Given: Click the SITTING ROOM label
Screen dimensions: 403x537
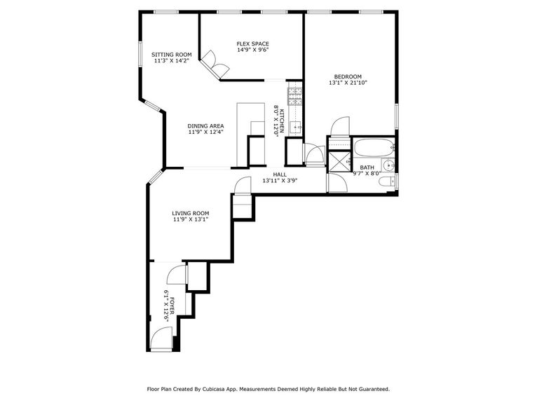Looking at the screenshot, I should coord(172,55).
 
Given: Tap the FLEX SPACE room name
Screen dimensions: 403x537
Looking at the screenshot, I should coord(252,43).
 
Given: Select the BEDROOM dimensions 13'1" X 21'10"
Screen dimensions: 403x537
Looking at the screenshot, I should coord(348,83).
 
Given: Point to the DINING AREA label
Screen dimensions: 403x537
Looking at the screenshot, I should coord(205,125).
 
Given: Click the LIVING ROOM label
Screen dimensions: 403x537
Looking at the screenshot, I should coord(191,213).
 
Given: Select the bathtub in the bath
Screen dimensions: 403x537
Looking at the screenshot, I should coord(374,148).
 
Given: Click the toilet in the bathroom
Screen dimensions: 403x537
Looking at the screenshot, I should coord(386,182).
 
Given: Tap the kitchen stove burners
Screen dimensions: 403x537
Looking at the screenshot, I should coord(294,96).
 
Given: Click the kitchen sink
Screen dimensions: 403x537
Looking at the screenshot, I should coord(295,127).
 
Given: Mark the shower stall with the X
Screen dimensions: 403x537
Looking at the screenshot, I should coord(340,161).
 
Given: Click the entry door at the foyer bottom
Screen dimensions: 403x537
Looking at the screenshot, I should coord(161,343).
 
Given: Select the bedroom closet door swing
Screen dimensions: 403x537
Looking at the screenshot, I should coord(338,126).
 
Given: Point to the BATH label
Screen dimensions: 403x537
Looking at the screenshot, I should coord(367,168).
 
